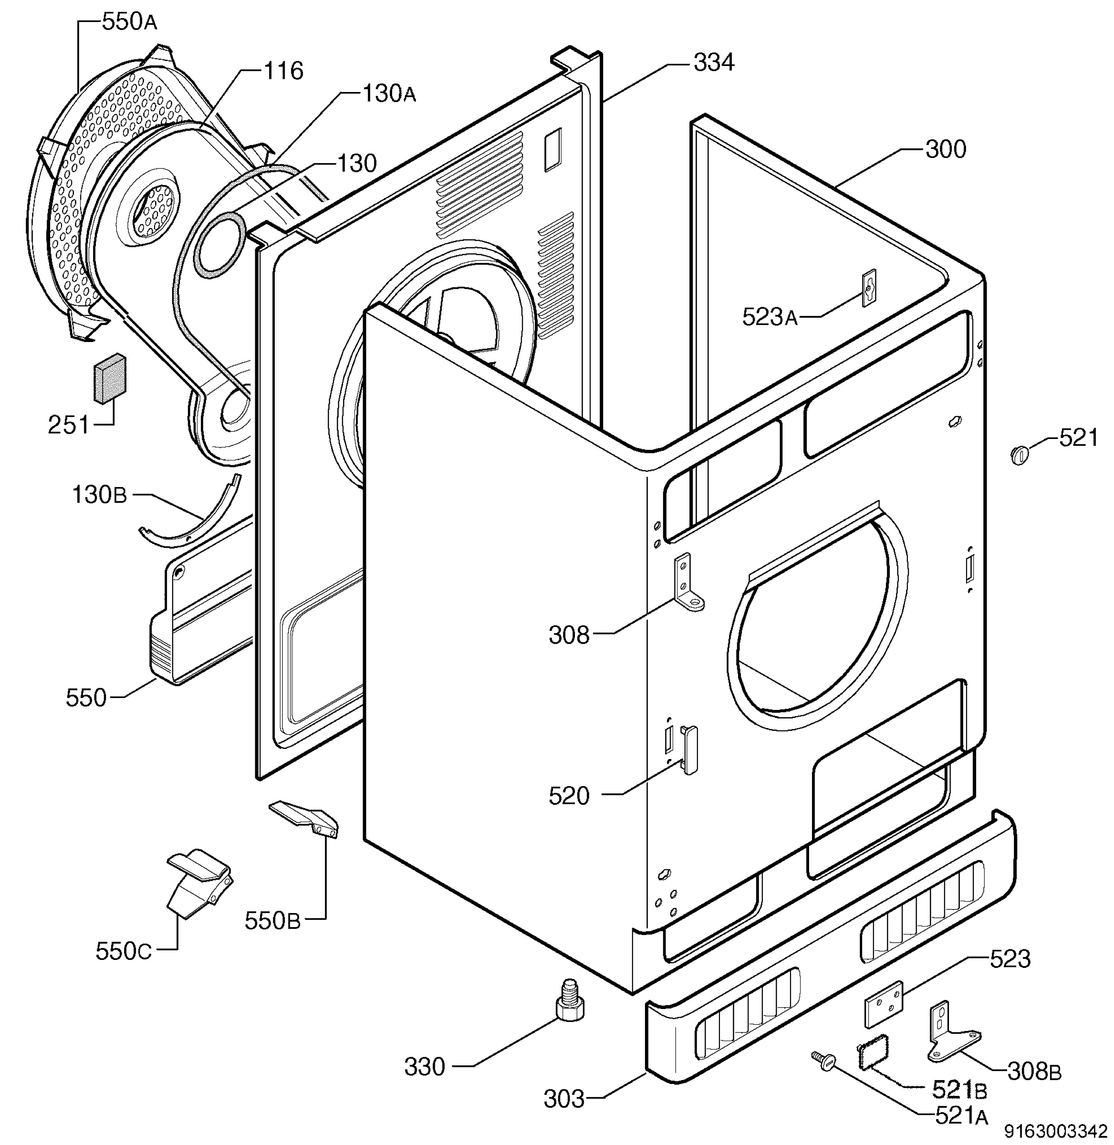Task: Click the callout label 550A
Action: coord(129,22)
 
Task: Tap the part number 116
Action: coord(284,72)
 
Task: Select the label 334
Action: coord(714,62)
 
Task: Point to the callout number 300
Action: coord(946,150)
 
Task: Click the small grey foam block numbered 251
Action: coord(111,378)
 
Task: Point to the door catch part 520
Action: coord(690,750)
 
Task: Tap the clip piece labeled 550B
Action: coord(305,820)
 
